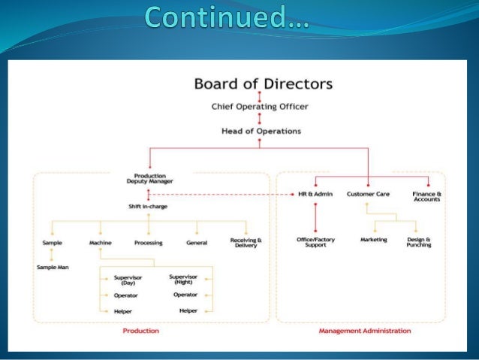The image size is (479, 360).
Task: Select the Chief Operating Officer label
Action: pos(260,107)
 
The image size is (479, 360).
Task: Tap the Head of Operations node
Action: pos(261,131)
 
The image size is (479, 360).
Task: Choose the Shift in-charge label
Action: pos(149,206)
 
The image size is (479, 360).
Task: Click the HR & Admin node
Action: pos(315,194)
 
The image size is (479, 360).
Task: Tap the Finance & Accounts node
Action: pos(427,196)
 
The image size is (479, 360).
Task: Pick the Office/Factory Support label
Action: pos(315,242)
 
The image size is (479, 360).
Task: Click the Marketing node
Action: pos(373,240)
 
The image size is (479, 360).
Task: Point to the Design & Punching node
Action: pos(417,242)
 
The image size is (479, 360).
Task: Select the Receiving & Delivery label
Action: pos(243,243)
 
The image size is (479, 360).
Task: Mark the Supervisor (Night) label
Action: pos(185,280)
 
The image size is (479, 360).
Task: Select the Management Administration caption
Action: pos(365,330)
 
